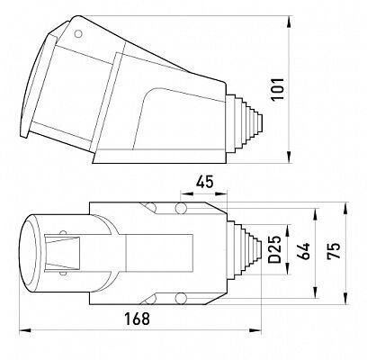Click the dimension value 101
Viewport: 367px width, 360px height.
pyautogui.click(x=278, y=89)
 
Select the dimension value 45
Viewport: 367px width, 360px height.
pyautogui.click(x=205, y=182)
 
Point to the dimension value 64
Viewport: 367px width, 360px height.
pyautogui.click(x=302, y=251)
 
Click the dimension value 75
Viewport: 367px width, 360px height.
pyautogui.click(x=334, y=250)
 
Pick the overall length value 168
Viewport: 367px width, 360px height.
pyautogui.click(x=137, y=319)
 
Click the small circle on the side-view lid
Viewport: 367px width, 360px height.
pyautogui.click(x=78, y=34)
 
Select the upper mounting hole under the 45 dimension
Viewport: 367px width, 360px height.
pyautogui.click(x=181, y=208)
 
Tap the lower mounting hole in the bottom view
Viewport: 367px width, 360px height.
pyautogui.click(x=181, y=298)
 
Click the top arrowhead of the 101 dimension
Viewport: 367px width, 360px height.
pyautogui.click(x=289, y=22)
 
